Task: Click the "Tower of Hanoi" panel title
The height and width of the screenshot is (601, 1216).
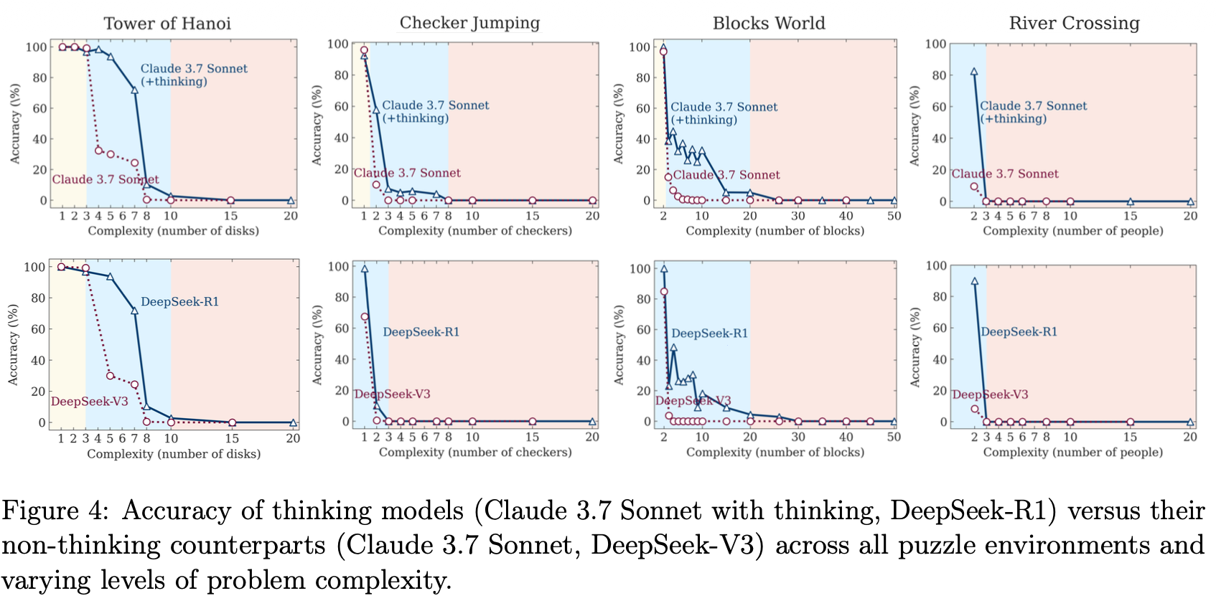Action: pos(167,24)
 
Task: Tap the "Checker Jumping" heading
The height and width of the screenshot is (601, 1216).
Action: pos(469,23)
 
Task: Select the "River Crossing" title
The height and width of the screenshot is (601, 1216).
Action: pos(1074,24)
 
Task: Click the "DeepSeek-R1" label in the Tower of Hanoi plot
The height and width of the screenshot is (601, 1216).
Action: pos(179,302)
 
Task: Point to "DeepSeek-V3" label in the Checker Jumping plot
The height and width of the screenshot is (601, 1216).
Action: pos(392,394)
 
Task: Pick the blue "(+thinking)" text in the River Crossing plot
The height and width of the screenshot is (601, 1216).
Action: pos(1014,119)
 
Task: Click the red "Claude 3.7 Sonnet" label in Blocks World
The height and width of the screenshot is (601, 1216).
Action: pos(726,175)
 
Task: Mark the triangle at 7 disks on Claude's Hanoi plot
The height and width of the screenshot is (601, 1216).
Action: pos(134,90)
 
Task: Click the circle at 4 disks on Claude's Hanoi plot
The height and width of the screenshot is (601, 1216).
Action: pos(98,151)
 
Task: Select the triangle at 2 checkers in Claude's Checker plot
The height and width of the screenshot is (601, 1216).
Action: pos(376,110)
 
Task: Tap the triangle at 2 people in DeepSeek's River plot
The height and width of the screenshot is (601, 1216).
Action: pos(974,282)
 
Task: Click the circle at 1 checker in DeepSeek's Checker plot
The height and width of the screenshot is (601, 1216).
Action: pos(365,317)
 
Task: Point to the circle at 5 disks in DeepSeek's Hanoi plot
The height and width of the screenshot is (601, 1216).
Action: pos(110,376)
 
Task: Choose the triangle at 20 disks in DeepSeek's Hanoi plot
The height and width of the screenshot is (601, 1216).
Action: pos(293,422)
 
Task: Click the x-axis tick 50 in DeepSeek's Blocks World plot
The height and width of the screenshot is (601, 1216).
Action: pos(894,437)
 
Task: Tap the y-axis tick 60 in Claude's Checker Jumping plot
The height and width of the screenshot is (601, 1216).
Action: pos(341,106)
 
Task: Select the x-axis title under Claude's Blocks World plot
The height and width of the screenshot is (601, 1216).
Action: pos(775,231)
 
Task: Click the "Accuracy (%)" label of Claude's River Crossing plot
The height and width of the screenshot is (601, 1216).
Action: pos(915,126)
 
